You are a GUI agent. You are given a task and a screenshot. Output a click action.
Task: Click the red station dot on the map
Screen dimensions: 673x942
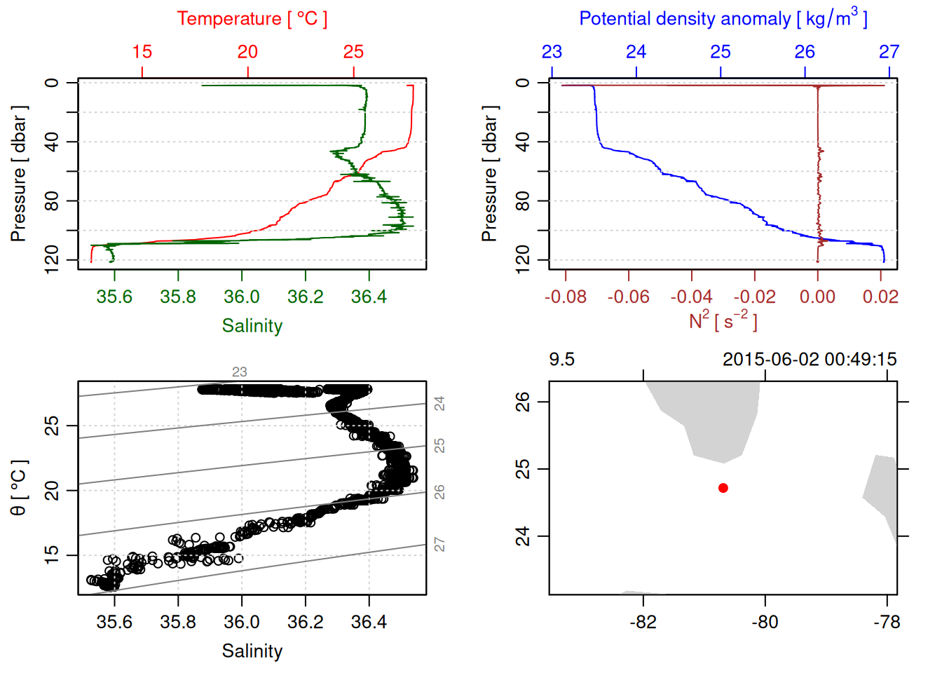click(723, 488)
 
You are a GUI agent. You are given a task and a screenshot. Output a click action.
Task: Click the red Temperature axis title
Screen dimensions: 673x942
click(252, 19)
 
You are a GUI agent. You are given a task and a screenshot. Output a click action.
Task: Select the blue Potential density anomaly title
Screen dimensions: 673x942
click(723, 18)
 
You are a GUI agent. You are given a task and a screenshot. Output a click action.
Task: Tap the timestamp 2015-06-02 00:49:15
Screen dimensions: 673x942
click(810, 360)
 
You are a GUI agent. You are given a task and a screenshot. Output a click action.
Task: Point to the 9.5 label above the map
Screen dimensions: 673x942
click(561, 360)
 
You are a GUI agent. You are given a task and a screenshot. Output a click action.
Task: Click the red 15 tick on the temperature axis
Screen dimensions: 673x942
click(142, 52)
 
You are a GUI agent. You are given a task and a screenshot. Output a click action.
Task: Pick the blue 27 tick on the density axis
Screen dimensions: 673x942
click(889, 52)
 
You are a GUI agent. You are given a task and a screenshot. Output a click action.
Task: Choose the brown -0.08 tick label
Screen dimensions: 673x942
click(566, 297)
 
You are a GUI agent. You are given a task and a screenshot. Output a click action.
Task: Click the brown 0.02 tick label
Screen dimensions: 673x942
click(880, 297)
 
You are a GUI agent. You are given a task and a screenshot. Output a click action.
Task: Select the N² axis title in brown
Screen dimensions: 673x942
click(723, 320)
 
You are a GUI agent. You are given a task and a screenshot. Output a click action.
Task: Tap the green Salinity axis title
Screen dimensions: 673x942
click(252, 326)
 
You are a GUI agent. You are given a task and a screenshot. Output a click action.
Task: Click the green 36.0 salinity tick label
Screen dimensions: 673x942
click(242, 297)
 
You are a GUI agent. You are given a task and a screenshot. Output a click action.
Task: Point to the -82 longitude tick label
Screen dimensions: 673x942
click(643, 622)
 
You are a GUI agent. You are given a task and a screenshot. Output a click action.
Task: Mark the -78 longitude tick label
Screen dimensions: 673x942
click(887, 622)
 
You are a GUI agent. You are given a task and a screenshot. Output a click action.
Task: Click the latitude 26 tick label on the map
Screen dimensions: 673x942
click(523, 402)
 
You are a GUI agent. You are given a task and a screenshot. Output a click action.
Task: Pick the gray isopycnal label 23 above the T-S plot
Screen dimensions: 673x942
click(240, 372)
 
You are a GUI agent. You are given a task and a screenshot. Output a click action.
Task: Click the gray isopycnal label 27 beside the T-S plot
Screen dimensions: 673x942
click(439, 544)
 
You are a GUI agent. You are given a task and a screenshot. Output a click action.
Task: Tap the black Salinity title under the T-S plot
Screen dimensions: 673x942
click(252, 651)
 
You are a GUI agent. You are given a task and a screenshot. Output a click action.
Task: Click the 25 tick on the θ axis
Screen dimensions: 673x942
click(52, 426)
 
